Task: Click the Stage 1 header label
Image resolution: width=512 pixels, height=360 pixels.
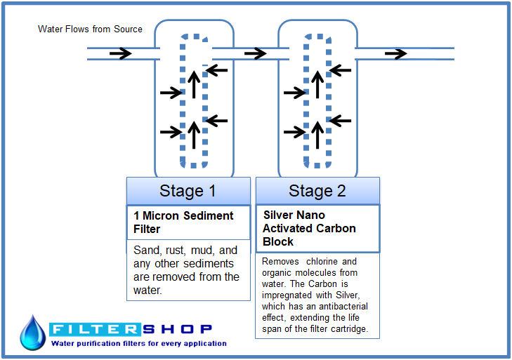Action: pos(188,191)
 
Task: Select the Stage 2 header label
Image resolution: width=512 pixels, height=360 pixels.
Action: pos(317,191)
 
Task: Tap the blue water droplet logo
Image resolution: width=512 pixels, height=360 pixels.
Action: pos(32,333)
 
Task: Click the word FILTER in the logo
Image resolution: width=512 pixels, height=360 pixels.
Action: pos(95,329)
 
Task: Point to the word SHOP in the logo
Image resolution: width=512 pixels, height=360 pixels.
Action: pos(177,329)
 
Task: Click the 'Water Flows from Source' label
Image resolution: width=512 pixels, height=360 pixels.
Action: pos(90,29)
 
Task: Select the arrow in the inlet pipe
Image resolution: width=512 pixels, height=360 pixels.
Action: pos(121,53)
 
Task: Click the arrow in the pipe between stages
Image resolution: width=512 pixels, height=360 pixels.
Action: pos(256,53)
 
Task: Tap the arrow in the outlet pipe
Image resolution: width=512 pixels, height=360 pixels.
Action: pos(395,53)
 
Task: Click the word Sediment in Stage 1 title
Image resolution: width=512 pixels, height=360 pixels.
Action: pos(209,215)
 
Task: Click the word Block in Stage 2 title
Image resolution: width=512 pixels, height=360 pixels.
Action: pos(278,242)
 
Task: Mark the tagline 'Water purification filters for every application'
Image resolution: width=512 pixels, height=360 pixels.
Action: pos(139,344)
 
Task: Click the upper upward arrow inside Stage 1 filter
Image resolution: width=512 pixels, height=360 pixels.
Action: pos(194,84)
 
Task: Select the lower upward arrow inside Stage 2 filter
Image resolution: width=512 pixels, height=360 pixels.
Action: pos(317,135)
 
